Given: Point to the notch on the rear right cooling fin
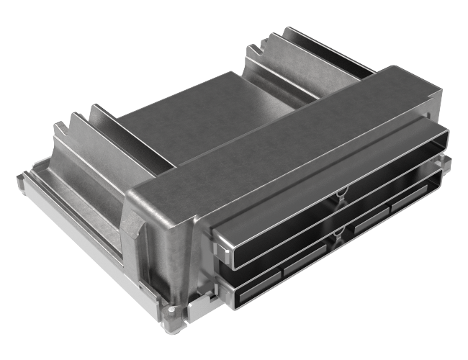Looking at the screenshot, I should coord(252,49).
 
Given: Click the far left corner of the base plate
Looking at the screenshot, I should coord(19,177).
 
